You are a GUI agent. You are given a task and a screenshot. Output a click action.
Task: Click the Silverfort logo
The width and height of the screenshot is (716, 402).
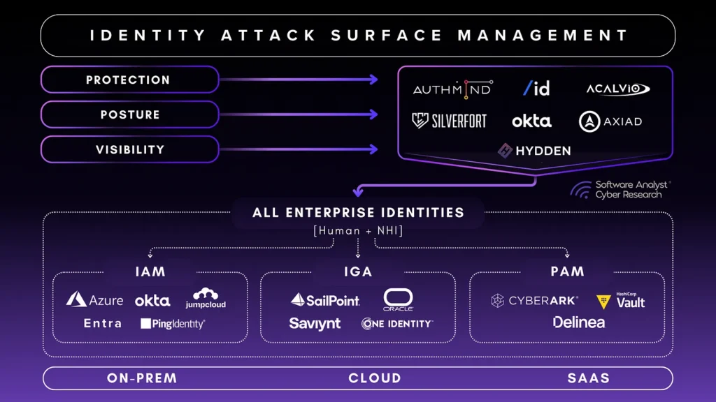click(449, 121)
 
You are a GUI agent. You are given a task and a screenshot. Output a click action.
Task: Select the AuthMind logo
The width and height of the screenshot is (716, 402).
click(452, 89)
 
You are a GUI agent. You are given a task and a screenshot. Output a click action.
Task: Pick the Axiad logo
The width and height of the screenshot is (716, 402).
click(610, 121)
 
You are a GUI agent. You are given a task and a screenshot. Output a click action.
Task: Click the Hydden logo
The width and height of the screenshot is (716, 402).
click(534, 150)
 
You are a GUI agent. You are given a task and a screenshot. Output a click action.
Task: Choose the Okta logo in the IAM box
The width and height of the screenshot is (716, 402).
click(152, 300)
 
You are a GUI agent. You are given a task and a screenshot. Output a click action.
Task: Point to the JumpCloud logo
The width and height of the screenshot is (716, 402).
click(206, 298)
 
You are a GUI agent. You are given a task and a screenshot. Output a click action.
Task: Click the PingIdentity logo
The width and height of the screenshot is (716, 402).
click(173, 324)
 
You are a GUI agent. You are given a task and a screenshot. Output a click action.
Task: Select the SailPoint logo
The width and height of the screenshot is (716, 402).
click(325, 300)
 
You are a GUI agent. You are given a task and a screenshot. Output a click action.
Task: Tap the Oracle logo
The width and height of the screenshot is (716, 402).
click(398, 299)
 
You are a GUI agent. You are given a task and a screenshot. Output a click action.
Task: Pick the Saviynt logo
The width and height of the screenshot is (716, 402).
click(315, 324)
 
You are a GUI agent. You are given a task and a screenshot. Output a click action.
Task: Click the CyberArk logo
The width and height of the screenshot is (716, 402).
click(534, 301)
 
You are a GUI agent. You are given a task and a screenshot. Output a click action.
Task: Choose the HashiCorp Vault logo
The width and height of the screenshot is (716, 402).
click(621, 301)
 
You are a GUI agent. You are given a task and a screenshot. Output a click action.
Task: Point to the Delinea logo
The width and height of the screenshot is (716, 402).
click(578, 322)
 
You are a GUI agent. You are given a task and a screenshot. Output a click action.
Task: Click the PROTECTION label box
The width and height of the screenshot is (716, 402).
click(129, 80)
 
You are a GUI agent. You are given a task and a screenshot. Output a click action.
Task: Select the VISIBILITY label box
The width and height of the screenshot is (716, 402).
click(129, 149)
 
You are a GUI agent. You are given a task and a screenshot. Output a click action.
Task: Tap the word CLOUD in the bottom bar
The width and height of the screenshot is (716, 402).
click(375, 378)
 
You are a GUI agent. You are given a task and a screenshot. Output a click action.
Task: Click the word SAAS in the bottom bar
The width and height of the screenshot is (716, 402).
click(589, 378)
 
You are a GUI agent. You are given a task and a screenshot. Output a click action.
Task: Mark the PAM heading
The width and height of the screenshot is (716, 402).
click(567, 271)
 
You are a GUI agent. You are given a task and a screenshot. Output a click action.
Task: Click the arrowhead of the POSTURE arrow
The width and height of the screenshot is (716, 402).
click(373, 114)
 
